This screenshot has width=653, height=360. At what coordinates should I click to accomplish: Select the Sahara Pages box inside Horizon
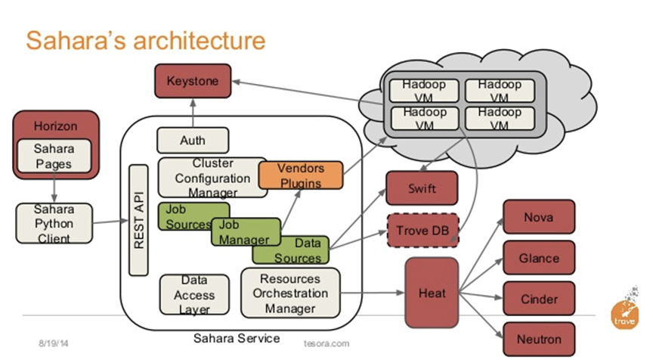point(54,157)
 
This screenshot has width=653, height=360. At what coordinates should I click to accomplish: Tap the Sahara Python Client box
point(54,223)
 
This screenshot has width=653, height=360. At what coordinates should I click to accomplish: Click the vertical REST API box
point(139,220)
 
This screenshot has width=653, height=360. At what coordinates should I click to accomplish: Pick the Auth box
point(192,140)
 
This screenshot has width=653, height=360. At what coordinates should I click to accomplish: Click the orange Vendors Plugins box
point(301,175)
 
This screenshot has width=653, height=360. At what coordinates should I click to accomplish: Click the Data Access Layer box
point(194,295)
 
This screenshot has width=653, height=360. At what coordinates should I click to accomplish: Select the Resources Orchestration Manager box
point(290,293)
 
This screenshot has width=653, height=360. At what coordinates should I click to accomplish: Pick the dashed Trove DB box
point(422,229)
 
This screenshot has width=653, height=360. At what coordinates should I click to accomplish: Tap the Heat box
point(432,293)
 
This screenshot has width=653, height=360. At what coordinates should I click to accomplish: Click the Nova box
point(537,218)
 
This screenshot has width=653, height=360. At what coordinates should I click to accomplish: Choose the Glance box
point(538,258)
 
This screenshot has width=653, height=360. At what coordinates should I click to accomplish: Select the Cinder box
point(538,299)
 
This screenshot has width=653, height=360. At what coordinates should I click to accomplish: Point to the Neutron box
point(538,339)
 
